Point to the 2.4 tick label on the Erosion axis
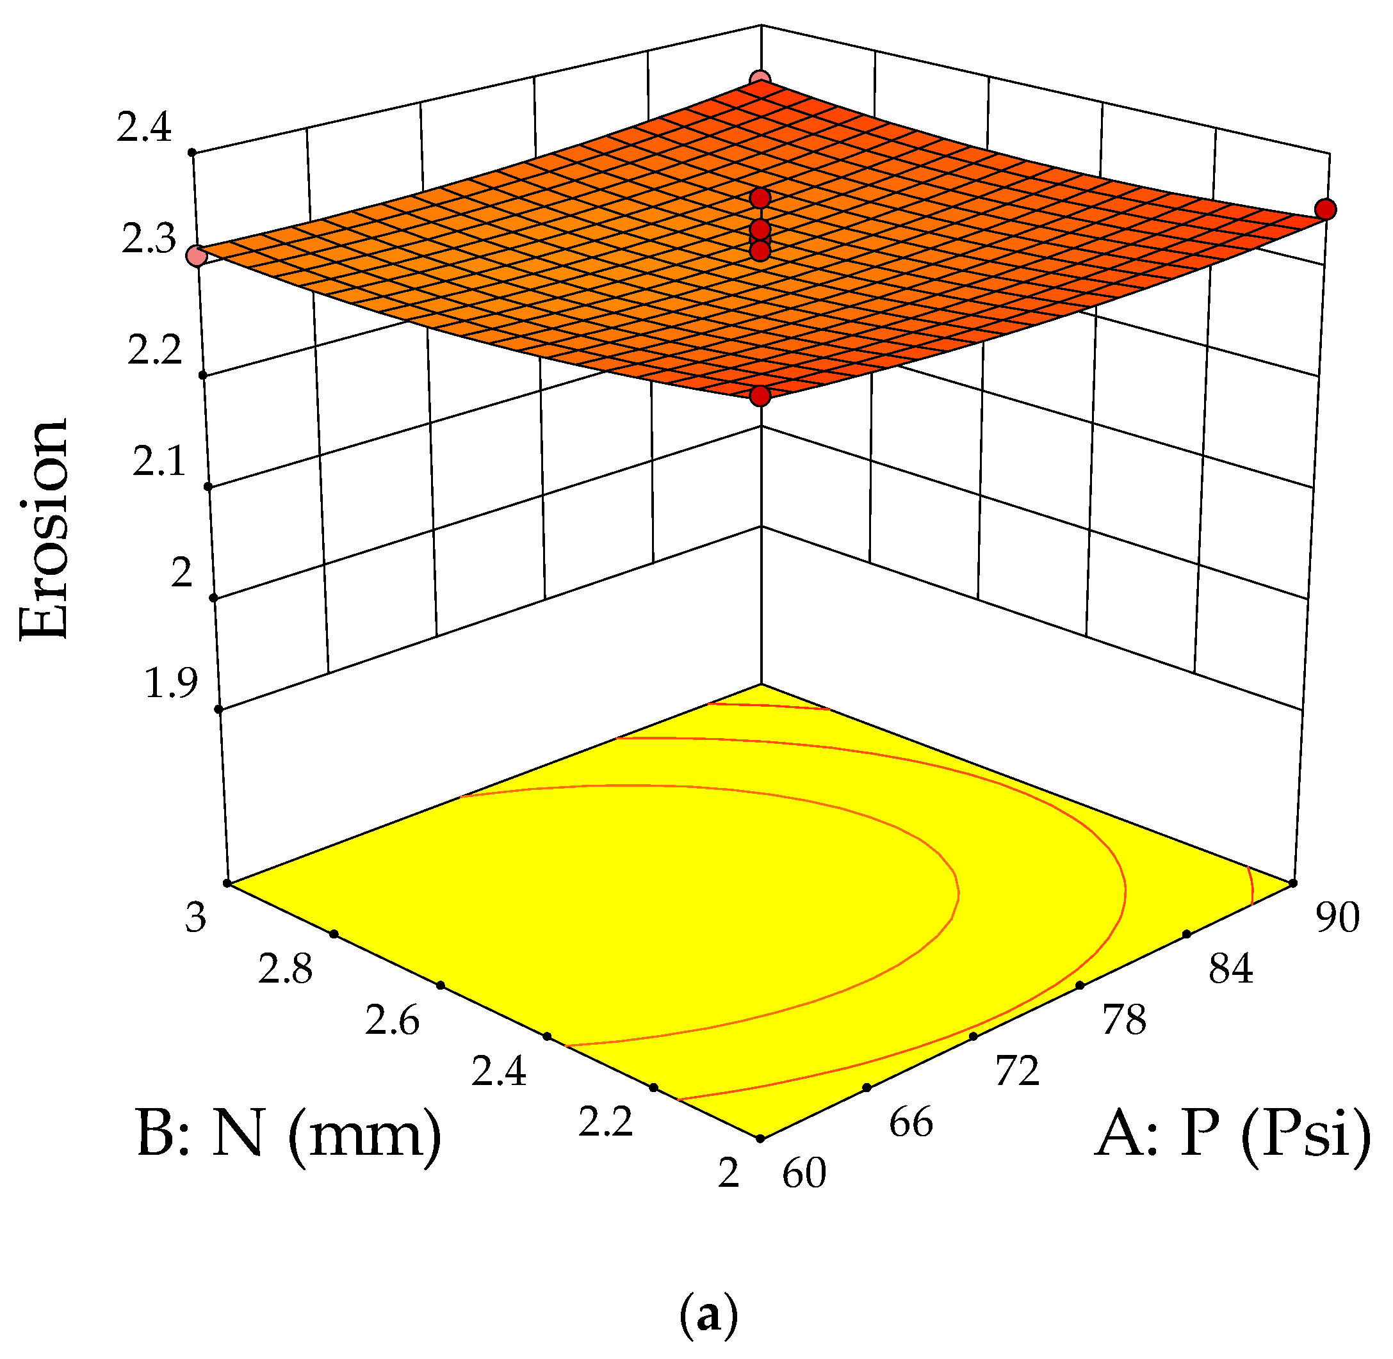click(144, 129)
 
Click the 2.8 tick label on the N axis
click(285, 970)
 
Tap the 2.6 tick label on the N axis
click(392, 1022)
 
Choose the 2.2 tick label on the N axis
click(605, 1123)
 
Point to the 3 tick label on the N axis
click(195, 918)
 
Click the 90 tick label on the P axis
click(1337, 918)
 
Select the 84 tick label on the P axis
click(1230, 970)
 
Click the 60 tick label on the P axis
click(804, 1173)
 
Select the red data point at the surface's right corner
click(1326, 209)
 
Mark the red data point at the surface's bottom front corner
click(761, 396)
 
